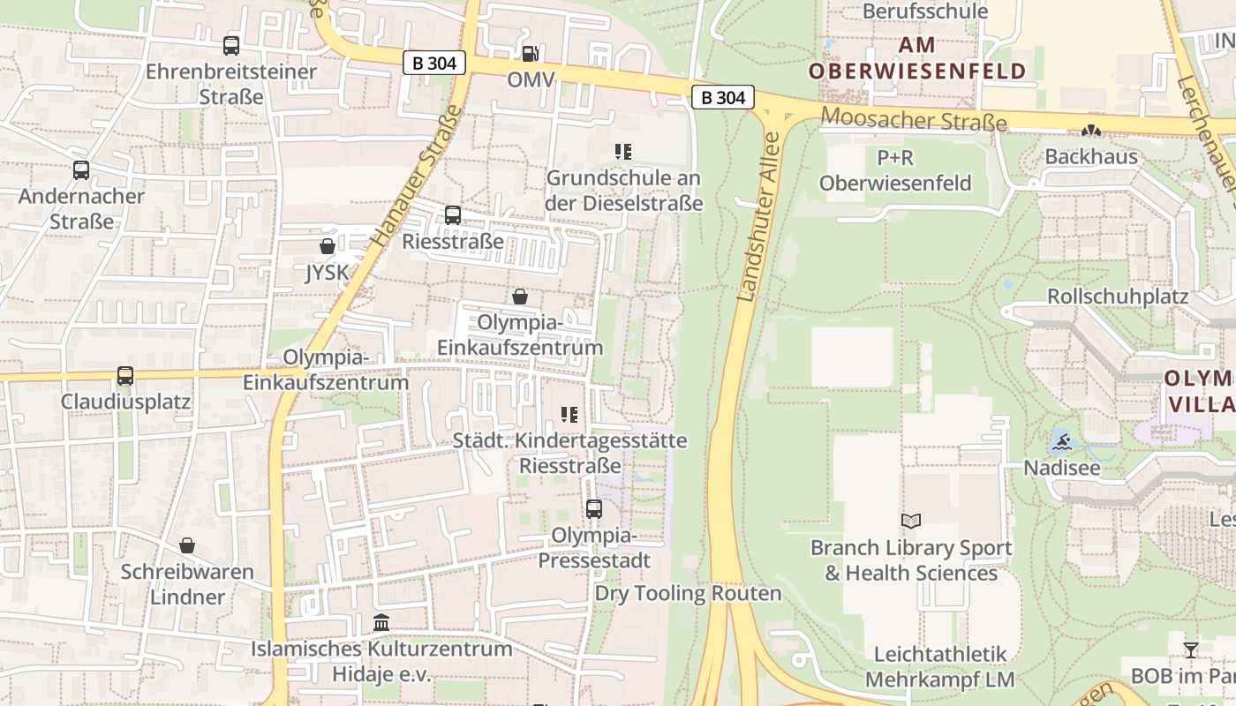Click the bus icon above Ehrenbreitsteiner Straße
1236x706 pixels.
click(231, 46)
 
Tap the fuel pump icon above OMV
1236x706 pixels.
click(530, 54)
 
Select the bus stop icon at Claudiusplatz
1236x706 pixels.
click(125, 376)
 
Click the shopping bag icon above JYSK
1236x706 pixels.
click(328, 246)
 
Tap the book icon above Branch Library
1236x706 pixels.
click(911, 522)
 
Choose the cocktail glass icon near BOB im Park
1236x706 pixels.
click(1191, 650)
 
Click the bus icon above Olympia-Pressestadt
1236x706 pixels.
click(594, 509)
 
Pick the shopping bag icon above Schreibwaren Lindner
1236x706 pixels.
click(187, 545)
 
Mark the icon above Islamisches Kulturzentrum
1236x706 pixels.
click(381, 623)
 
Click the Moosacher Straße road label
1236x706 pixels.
click(914, 118)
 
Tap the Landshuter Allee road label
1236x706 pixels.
click(759, 216)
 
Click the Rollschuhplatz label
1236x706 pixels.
click(1118, 297)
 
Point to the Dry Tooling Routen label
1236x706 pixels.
click(689, 593)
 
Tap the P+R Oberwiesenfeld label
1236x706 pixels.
click(895, 170)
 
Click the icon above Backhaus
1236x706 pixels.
click(1091, 131)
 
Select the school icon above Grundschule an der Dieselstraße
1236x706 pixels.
click(624, 152)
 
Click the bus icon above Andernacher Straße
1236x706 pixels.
click(81, 170)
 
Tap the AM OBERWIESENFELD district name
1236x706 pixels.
click(917, 58)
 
